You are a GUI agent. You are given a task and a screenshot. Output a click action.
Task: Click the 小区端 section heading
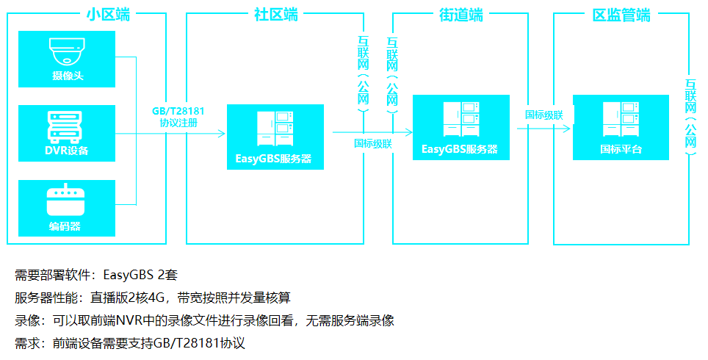coord(109,15)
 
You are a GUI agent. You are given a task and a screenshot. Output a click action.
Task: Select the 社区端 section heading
coord(276,15)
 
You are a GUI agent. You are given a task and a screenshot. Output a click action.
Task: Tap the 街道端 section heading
coord(461,15)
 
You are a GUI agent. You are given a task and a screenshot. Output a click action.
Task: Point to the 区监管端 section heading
coord(621,15)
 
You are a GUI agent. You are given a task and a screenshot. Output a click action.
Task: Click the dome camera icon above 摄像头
coord(67,51)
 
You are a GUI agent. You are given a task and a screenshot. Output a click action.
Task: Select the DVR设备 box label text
coord(67,151)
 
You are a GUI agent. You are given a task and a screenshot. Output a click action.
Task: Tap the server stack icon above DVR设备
coord(65,127)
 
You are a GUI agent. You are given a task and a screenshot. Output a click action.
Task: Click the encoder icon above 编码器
coord(66,200)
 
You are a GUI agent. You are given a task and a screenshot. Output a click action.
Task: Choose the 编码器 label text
coord(65,226)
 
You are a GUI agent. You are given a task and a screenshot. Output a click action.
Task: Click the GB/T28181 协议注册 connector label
coord(178,117)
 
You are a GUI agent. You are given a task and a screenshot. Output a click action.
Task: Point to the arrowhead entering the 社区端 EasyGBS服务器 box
coord(222,133)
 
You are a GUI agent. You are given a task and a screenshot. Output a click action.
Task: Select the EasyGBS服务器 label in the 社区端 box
coord(274,159)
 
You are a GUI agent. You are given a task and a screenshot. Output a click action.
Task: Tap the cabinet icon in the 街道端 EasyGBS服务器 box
coord(461,119)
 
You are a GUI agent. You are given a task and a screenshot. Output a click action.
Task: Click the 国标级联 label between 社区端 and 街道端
coord(373,144)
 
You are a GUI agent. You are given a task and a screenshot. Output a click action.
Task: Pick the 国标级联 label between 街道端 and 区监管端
coord(544,115)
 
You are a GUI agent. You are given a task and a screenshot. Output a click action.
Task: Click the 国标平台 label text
coord(621,149)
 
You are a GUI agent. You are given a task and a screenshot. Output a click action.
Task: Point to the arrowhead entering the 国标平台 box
coord(567,129)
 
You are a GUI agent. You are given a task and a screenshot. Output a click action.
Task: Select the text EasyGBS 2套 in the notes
coord(140,275)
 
